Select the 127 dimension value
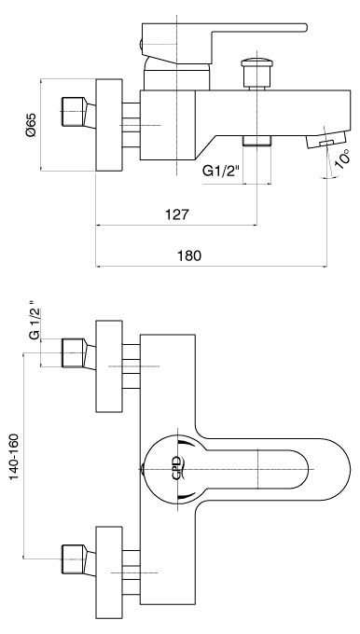pos(177,214)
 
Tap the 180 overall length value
pos(189,255)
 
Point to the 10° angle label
pos(341,158)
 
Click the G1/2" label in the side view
pos(221,172)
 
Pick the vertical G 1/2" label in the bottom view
pos(35,320)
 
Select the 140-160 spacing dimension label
pos(14,457)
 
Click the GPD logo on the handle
pos(177,468)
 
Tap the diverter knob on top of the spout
pos(256,74)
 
